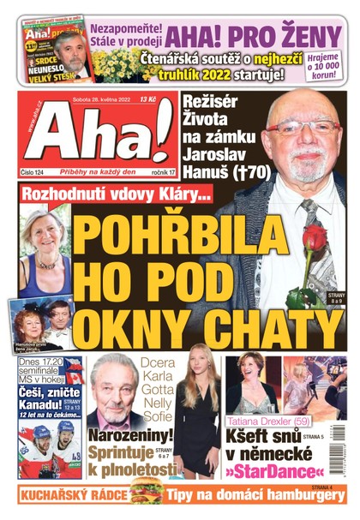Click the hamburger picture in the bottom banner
click(147, 492)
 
